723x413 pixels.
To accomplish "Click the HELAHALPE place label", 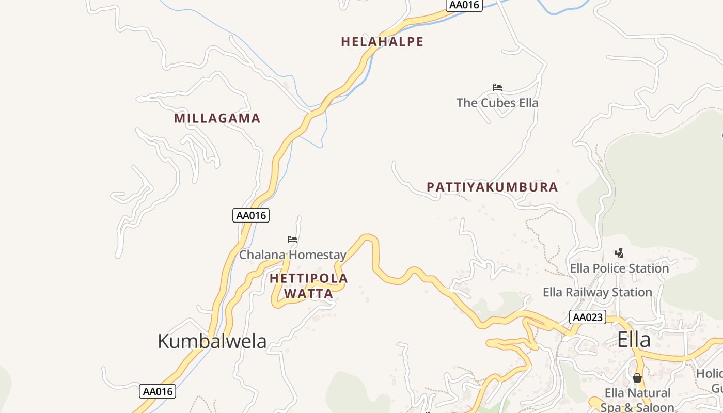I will [x=382, y=42].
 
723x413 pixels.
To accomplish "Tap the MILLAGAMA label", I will [x=217, y=118].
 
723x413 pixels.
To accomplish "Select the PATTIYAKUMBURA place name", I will [x=492, y=187].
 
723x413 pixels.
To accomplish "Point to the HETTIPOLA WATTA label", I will [x=309, y=286].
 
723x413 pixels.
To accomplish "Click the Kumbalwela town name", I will [x=212, y=341].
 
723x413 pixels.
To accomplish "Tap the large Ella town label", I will [x=634, y=340].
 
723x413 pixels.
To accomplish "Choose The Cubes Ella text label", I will [x=497, y=103].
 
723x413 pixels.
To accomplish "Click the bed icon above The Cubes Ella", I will [x=497, y=87].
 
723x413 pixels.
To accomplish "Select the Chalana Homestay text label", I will [x=292, y=255].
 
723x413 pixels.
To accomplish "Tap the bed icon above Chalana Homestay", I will [x=292, y=239].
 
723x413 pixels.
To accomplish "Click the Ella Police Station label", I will [x=619, y=268].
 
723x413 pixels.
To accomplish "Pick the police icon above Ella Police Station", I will [x=620, y=252].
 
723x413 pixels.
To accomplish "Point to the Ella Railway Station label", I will [x=598, y=292].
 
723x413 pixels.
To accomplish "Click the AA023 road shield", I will [x=588, y=317].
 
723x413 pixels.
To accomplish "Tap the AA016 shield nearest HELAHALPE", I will [x=464, y=5].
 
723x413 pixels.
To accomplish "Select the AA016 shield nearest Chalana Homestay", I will [x=251, y=215].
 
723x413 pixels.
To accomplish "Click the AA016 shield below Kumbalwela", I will [x=158, y=391].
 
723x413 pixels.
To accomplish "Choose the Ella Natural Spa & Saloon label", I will [x=637, y=400].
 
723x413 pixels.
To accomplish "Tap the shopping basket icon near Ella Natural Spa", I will [x=637, y=378].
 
